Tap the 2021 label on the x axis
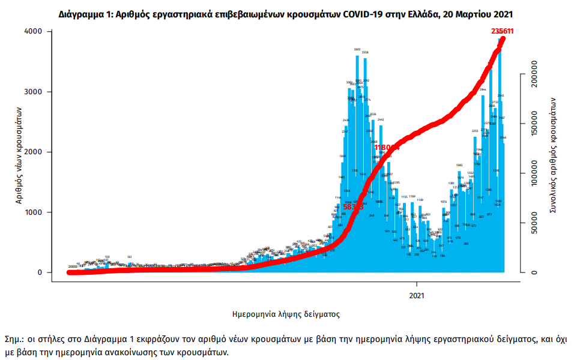coord(417,295)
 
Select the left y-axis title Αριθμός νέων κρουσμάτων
coord(19,152)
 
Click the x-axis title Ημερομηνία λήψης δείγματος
coord(286,314)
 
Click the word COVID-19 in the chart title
coord(364,13)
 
